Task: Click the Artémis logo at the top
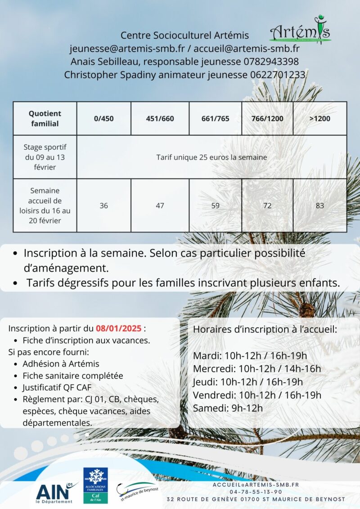(x=300, y=29)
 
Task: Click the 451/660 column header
(x=160, y=119)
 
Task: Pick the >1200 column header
(x=319, y=119)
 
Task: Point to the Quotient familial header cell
(x=45, y=118)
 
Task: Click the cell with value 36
(x=103, y=205)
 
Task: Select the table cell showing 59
(x=215, y=205)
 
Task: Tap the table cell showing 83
(x=319, y=205)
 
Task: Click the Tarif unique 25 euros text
(x=211, y=157)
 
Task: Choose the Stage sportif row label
(x=45, y=157)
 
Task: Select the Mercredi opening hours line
(x=257, y=369)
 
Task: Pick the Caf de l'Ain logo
(x=95, y=485)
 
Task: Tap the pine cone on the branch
(x=306, y=310)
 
